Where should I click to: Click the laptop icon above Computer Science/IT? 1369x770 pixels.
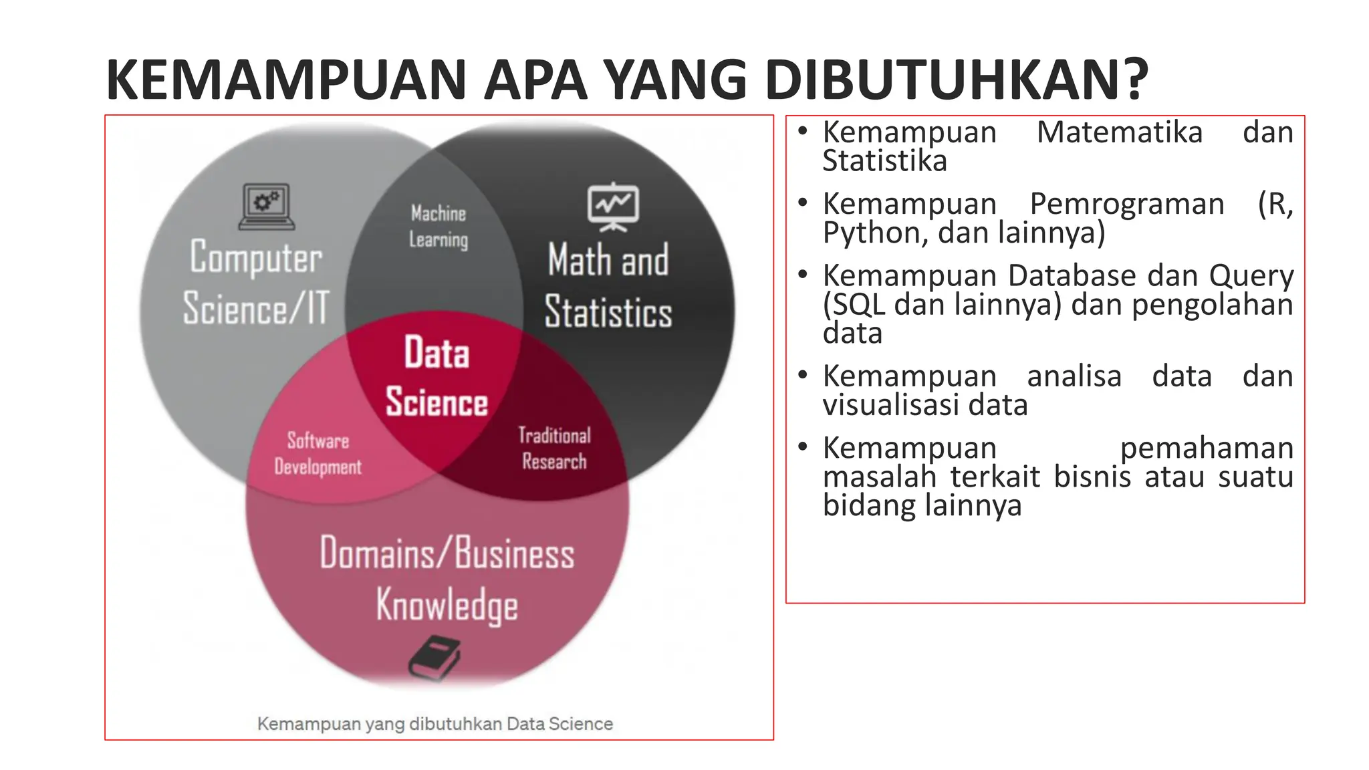[x=267, y=206]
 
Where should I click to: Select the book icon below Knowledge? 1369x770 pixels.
[x=434, y=658]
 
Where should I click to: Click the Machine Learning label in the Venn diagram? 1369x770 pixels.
[x=439, y=227]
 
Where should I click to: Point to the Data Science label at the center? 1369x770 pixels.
[x=437, y=377]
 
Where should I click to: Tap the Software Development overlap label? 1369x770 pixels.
[x=318, y=453]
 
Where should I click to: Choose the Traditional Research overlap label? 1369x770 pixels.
[x=554, y=448]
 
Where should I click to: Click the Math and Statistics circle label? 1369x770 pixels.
[x=608, y=286]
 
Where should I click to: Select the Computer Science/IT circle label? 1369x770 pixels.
[x=256, y=283]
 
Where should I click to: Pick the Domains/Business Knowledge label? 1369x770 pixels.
[x=447, y=579]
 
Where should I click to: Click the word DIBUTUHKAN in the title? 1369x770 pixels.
[x=957, y=80]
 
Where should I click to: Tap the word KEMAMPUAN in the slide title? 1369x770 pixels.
[x=286, y=80]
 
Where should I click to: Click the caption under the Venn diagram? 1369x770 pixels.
[x=435, y=724]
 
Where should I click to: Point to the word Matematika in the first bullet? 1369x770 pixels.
[x=1119, y=132]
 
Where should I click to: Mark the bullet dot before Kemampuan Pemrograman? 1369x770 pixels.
[x=803, y=202]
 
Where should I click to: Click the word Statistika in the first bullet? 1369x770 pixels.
[x=884, y=161]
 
